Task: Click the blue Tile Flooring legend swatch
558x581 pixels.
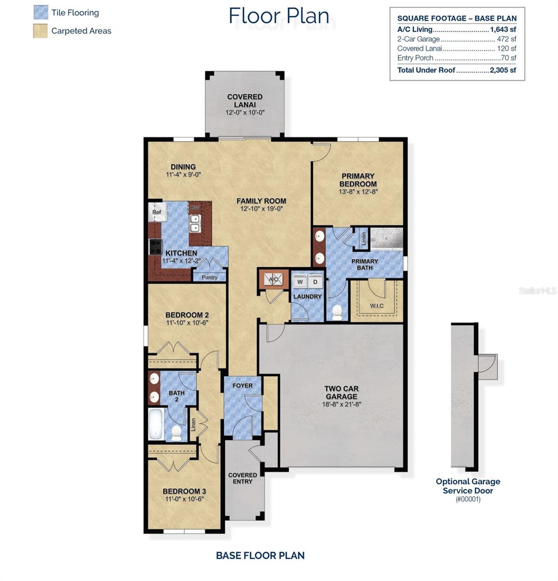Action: [x=41, y=13]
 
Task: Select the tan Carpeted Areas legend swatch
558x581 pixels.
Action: [x=41, y=31]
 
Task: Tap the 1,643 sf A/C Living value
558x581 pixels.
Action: [x=503, y=30]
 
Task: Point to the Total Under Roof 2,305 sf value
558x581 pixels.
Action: [x=503, y=70]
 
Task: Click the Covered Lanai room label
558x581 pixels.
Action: [x=245, y=101]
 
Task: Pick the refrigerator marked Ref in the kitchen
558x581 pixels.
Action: [x=157, y=212]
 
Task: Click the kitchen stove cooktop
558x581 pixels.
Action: [x=156, y=247]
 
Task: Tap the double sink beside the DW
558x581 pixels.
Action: [x=195, y=224]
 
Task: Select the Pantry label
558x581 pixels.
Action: [x=209, y=277]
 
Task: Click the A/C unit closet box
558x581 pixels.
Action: [x=273, y=279]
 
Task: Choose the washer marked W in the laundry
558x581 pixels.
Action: [x=300, y=281]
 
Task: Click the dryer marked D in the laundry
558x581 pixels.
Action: [x=315, y=281]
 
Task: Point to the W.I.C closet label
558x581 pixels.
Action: [x=377, y=306]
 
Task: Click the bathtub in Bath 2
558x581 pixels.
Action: [x=156, y=424]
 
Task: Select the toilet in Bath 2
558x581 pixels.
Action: [x=176, y=432]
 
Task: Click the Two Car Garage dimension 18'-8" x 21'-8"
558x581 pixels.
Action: [x=342, y=404]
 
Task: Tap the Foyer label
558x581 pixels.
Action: [x=242, y=386]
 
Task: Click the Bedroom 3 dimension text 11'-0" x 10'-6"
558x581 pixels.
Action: [x=184, y=499]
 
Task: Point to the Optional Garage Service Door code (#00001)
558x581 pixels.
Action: [x=468, y=500]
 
